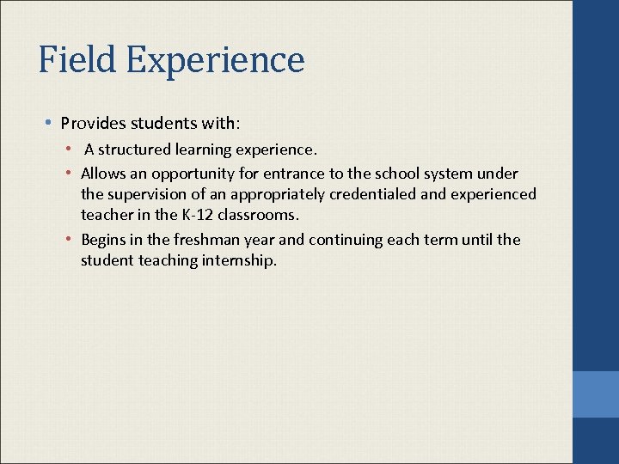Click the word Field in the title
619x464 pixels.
[x=77, y=60]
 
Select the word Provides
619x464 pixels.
[x=89, y=122]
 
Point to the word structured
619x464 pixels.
[x=138, y=150]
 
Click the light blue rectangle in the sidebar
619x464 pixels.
[x=596, y=394]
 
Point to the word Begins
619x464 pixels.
[x=102, y=240]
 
